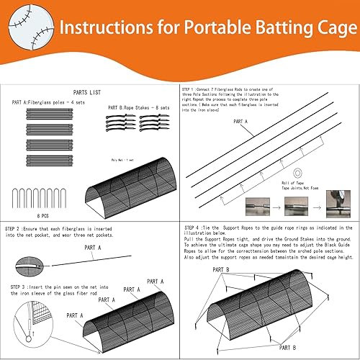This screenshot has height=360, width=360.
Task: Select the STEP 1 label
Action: (x=192, y=91)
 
